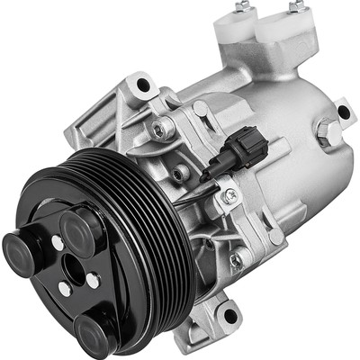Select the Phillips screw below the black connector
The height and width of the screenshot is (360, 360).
point(230,193)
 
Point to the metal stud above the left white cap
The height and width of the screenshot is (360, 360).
point(241,8)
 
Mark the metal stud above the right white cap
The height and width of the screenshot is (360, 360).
point(295,7)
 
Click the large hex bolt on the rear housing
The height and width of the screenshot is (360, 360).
point(328,134)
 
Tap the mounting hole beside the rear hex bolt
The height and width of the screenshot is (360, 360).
point(342,112)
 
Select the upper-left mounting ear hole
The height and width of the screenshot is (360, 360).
point(141,86)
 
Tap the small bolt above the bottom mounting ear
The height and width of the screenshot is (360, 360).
point(236,261)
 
